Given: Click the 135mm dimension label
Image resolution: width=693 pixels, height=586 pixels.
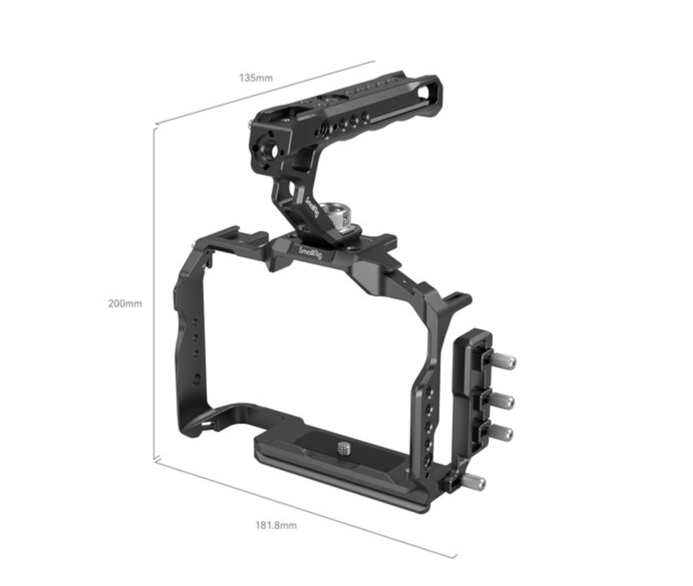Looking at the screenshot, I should pos(256,78).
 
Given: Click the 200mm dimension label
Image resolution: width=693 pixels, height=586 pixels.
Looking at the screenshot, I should pos(124,303).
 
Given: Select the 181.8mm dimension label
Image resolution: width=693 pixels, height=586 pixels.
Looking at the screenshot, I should pos(276,524).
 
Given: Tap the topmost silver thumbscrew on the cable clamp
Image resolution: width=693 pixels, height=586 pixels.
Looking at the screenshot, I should pos(506,363).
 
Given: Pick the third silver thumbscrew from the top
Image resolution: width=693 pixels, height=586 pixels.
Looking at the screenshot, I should pos(503,433).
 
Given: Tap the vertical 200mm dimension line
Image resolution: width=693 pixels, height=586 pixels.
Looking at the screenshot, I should pos(155,294).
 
